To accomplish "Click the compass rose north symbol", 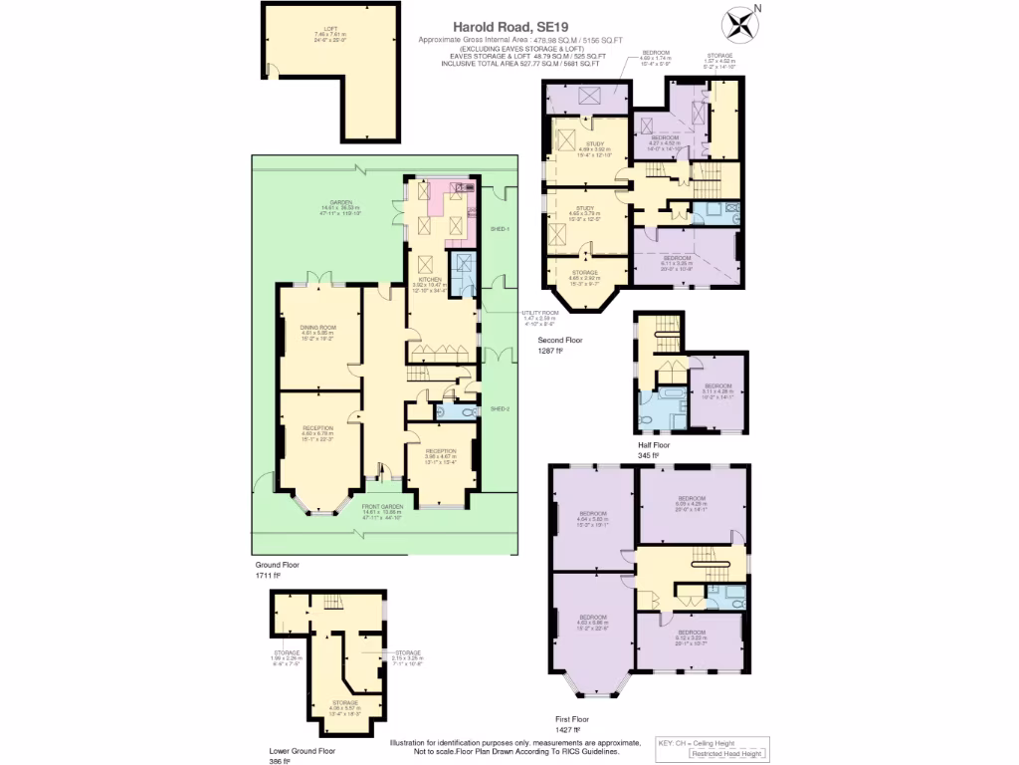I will (739, 22).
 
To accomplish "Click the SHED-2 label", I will (500, 408).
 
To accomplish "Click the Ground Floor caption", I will (277, 564).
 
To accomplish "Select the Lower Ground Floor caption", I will (303, 750).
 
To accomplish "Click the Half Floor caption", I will (654, 445).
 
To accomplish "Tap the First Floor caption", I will (572, 718).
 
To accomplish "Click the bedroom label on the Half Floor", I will (717, 385).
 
